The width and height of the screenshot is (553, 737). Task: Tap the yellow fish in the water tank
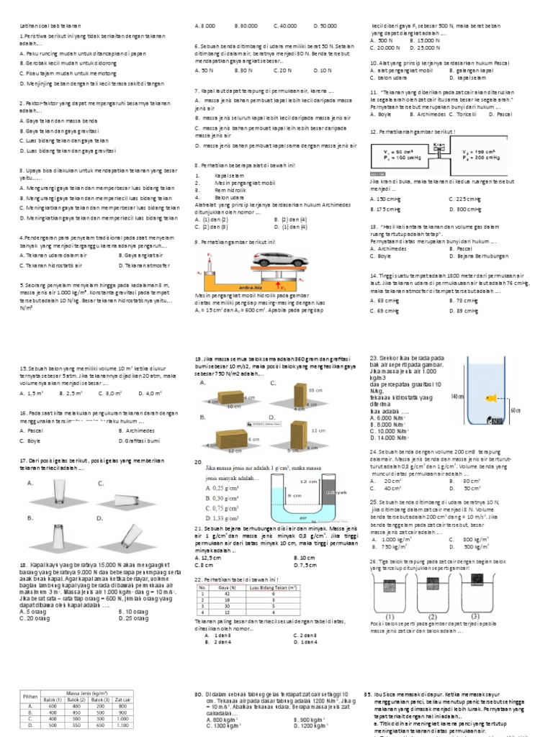(492, 397)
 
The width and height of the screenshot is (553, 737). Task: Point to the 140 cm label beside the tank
(455, 397)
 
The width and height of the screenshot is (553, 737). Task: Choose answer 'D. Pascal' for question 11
(503, 114)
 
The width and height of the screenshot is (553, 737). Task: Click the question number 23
(374, 358)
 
